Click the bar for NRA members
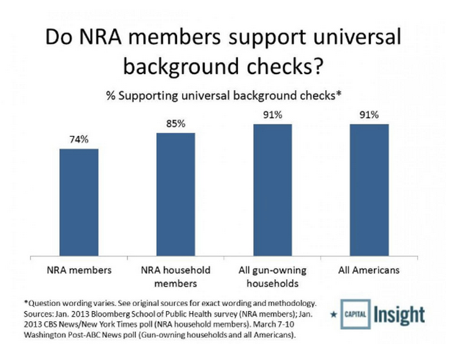[79, 202]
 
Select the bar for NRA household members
[175, 194]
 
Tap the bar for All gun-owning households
[273, 190]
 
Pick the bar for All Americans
[369, 190]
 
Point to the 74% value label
[79, 140]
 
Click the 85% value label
[175, 124]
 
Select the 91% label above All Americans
[369, 115]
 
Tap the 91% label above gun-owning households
[273, 115]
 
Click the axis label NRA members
[79, 270]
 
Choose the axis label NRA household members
[175, 276]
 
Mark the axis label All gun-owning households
[273, 276]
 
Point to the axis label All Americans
[369, 270]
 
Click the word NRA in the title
[100, 37]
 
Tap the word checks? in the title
[285, 66]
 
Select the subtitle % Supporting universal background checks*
[224, 96]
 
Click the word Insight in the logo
[399, 315]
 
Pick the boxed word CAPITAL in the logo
[355, 315]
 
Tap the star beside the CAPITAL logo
[334, 315]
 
